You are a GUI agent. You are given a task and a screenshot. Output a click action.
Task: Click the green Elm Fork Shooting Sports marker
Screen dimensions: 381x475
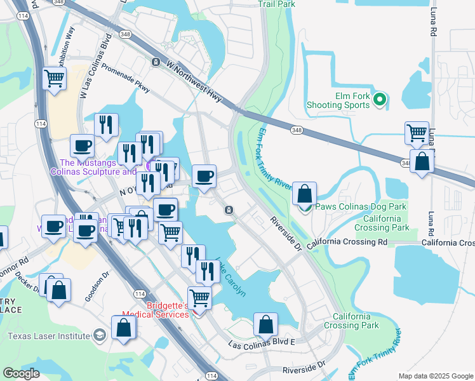[380, 99]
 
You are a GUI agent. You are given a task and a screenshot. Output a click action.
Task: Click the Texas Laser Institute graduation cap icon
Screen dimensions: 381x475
[99, 335]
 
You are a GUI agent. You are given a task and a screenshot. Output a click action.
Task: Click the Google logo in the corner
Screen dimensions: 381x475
[21, 373]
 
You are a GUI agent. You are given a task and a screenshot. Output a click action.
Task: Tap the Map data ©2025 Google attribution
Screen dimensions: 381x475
[436, 376]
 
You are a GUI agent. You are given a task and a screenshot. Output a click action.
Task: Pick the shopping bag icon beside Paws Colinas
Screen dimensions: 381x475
[305, 194]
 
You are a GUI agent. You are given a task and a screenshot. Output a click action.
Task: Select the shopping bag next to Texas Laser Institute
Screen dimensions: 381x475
[124, 327]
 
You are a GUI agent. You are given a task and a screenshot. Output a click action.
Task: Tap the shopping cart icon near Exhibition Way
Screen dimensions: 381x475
[55, 79]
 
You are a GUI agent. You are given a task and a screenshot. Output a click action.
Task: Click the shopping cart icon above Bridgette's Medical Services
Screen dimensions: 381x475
[199, 297]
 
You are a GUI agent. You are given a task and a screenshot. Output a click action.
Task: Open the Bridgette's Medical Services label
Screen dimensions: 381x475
[168, 309]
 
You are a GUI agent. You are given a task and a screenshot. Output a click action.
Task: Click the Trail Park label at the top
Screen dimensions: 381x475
[277, 4]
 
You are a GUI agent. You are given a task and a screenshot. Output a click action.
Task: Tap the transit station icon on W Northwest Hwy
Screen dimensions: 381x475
[156, 62]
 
